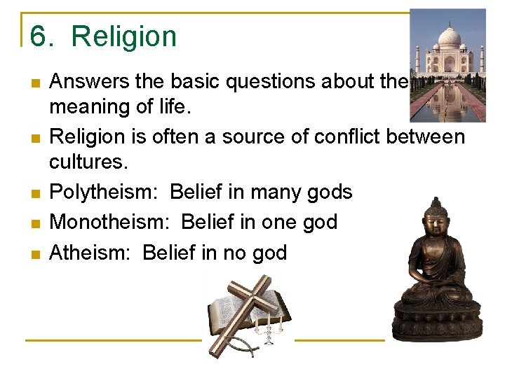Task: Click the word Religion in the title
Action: tap(124, 36)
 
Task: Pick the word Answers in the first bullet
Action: tap(89, 82)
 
